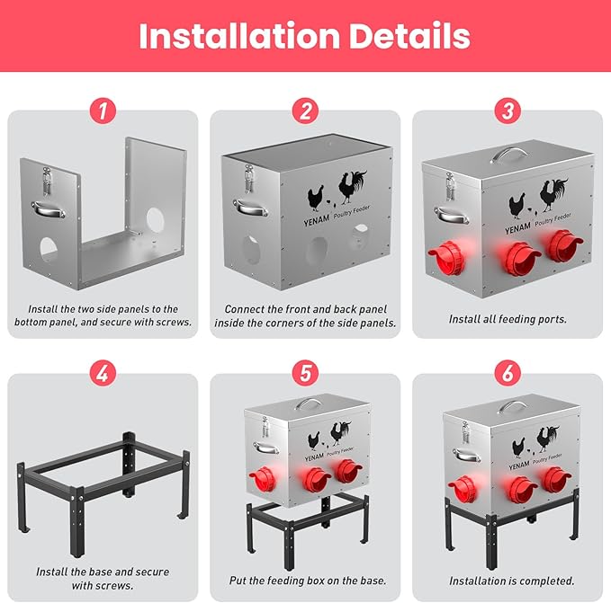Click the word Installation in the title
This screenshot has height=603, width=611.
(x=239, y=36)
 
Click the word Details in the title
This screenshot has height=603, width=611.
(x=409, y=36)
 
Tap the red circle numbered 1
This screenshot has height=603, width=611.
(x=103, y=111)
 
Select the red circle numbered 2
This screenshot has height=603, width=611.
(x=306, y=111)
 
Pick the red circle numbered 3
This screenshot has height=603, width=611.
(x=508, y=111)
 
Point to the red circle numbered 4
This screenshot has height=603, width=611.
(x=103, y=374)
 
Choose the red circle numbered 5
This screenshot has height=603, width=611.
(x=306, y=374)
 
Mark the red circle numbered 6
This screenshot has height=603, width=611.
(x=508, y=374)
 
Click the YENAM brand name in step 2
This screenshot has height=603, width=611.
(x=317, y=220)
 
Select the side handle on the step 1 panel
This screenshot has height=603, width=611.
(x=48, y=209)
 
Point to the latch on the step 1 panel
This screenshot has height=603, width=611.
(x=47, y=181)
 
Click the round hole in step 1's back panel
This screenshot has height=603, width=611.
(x=156, y=220)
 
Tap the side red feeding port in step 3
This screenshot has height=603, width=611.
(x=447, y=258)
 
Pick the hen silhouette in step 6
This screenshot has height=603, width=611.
(x=518, y=448)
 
